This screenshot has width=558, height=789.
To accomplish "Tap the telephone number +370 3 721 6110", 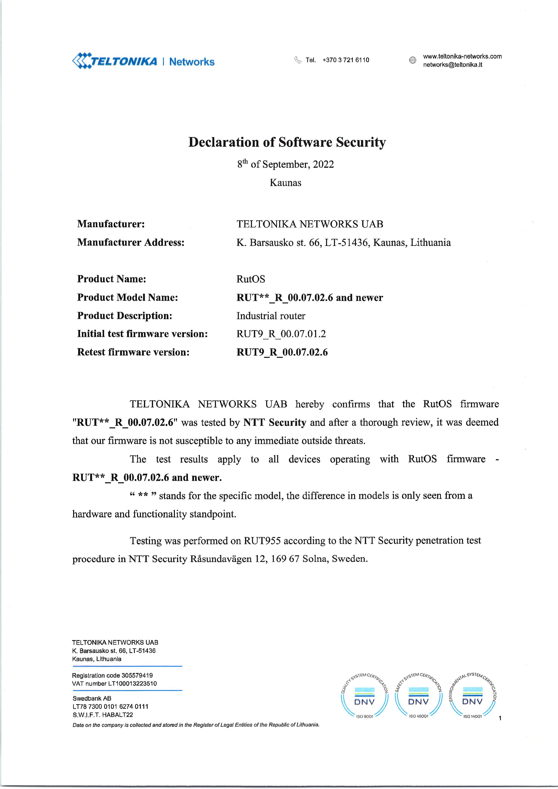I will (346, 60).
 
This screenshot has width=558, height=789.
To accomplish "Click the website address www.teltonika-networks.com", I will (462, 56).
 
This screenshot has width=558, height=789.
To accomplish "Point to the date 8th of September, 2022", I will (285, 164).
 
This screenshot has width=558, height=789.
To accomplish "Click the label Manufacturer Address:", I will (131, 243).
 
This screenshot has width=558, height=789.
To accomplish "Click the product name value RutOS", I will (251, 279).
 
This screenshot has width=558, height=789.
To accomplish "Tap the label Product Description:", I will (124, 316).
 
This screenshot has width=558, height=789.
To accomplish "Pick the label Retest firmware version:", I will (133, 352).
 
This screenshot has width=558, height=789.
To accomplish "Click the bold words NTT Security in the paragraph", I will (275, 422).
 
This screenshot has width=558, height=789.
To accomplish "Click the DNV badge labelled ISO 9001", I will (364, 697).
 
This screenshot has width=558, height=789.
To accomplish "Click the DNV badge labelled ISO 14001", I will (472, 697).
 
